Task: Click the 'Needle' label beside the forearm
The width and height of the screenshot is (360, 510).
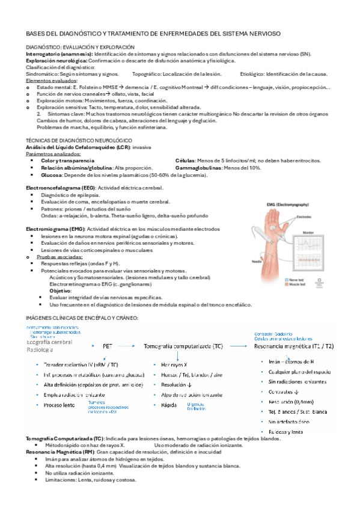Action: point(239,261)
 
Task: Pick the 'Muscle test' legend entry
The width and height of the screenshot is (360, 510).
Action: point(297,284)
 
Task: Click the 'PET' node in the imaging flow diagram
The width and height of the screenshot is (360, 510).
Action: point(108,346)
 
